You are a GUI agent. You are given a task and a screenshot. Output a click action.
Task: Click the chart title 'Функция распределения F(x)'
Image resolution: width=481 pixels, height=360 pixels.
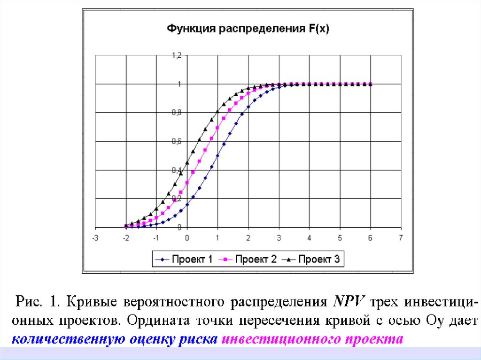tap(248, 29)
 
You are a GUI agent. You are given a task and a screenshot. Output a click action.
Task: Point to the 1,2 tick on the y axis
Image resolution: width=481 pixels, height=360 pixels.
tap(176, 55)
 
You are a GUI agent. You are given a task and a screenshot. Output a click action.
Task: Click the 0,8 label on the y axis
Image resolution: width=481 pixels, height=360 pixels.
tap(176, 113)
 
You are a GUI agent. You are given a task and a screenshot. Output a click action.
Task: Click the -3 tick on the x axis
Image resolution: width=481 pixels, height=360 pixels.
tap(95, 238)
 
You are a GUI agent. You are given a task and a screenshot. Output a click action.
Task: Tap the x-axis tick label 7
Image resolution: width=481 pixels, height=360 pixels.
tap(401, 238)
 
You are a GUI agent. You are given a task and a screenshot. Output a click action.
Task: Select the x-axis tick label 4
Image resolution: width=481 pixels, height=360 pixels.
tap(309, 238)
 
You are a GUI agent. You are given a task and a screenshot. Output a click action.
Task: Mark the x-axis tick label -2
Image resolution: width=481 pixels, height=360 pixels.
tap(125, 238)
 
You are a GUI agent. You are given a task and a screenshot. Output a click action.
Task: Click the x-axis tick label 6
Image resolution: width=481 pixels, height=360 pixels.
tap(370, 238)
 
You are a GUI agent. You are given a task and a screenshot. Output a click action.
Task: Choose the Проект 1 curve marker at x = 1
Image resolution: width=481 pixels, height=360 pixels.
tap(217, 156)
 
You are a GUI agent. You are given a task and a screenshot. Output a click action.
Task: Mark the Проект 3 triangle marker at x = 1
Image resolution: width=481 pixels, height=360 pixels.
tap(217, 111)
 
